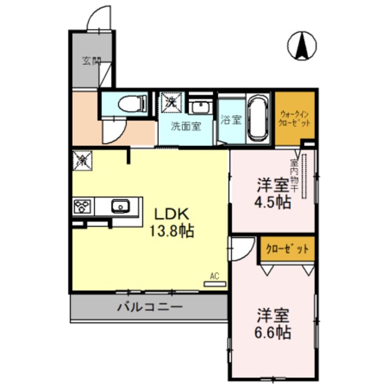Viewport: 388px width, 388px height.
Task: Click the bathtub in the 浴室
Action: point(259,118)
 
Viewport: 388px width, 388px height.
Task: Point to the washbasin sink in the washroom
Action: point(199,108)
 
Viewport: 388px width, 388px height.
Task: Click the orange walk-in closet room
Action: point(295,118)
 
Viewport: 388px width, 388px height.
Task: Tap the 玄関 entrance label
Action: point(92,61)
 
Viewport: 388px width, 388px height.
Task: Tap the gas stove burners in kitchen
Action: point(82,207)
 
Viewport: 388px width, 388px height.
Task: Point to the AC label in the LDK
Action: point(214,276)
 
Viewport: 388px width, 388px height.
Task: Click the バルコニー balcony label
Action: point(149,307)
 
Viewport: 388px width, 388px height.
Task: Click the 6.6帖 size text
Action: point(273,332)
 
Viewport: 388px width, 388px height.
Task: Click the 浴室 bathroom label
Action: point(231,119)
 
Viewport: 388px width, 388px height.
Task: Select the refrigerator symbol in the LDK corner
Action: point(82,160)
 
